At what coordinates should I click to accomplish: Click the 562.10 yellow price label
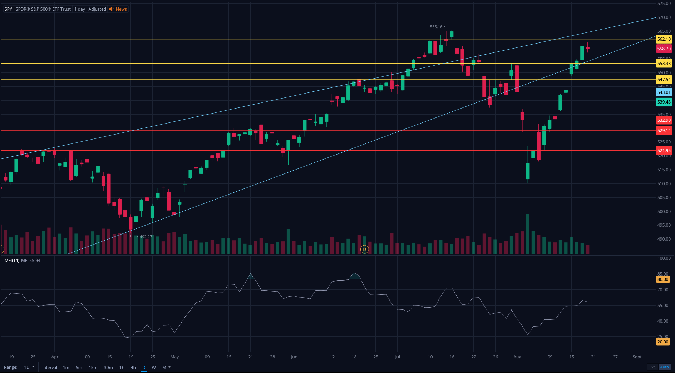point(664,39)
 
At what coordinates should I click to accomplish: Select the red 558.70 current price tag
point(664,49)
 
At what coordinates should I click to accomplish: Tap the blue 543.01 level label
point(664,92)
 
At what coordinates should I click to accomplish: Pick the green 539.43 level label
point(664,102)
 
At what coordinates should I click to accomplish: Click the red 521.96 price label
point(664,151)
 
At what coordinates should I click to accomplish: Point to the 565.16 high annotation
point(436,27)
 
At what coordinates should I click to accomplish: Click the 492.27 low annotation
point(146,237)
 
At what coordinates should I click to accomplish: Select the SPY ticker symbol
point(8,9)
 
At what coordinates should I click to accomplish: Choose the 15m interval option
point(93,367)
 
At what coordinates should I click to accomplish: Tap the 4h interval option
point(133,367)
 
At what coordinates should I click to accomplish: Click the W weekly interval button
point(154,367)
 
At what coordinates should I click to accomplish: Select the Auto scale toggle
point(664,367)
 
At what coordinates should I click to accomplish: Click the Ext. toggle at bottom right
point(652,367)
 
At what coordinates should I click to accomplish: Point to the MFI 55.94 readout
point(31,261)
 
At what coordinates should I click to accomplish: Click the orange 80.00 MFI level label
point(662,279)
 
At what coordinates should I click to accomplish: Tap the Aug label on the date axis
point(517,357)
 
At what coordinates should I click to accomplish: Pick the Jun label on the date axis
point(294,357)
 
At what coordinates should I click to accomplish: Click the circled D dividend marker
point(364,249)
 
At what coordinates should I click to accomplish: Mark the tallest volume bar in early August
point(528,234)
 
